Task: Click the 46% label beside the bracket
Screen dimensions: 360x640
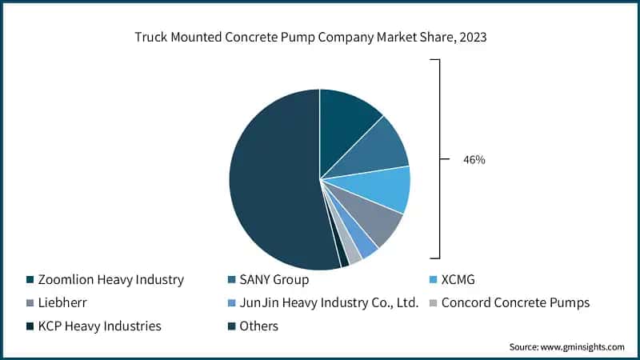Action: pyautogui.click(x=474, y=160)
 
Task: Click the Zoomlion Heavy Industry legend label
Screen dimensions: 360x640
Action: pyautogui.click(x=110, y=280)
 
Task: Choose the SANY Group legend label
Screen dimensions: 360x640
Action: pyautogui.click(x=274, y=280)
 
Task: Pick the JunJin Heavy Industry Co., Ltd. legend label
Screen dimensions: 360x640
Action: pyautogui.click(x=329, y=303)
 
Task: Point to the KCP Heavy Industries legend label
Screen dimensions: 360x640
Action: pyautogui.click(x=99, y=326)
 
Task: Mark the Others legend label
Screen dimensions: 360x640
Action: pyautogui.click(x=258, y=326)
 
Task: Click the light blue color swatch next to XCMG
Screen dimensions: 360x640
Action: pyautogui.click(x=431, y=280)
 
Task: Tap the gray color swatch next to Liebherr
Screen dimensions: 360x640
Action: pyautogui.click(x=30, y=303)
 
